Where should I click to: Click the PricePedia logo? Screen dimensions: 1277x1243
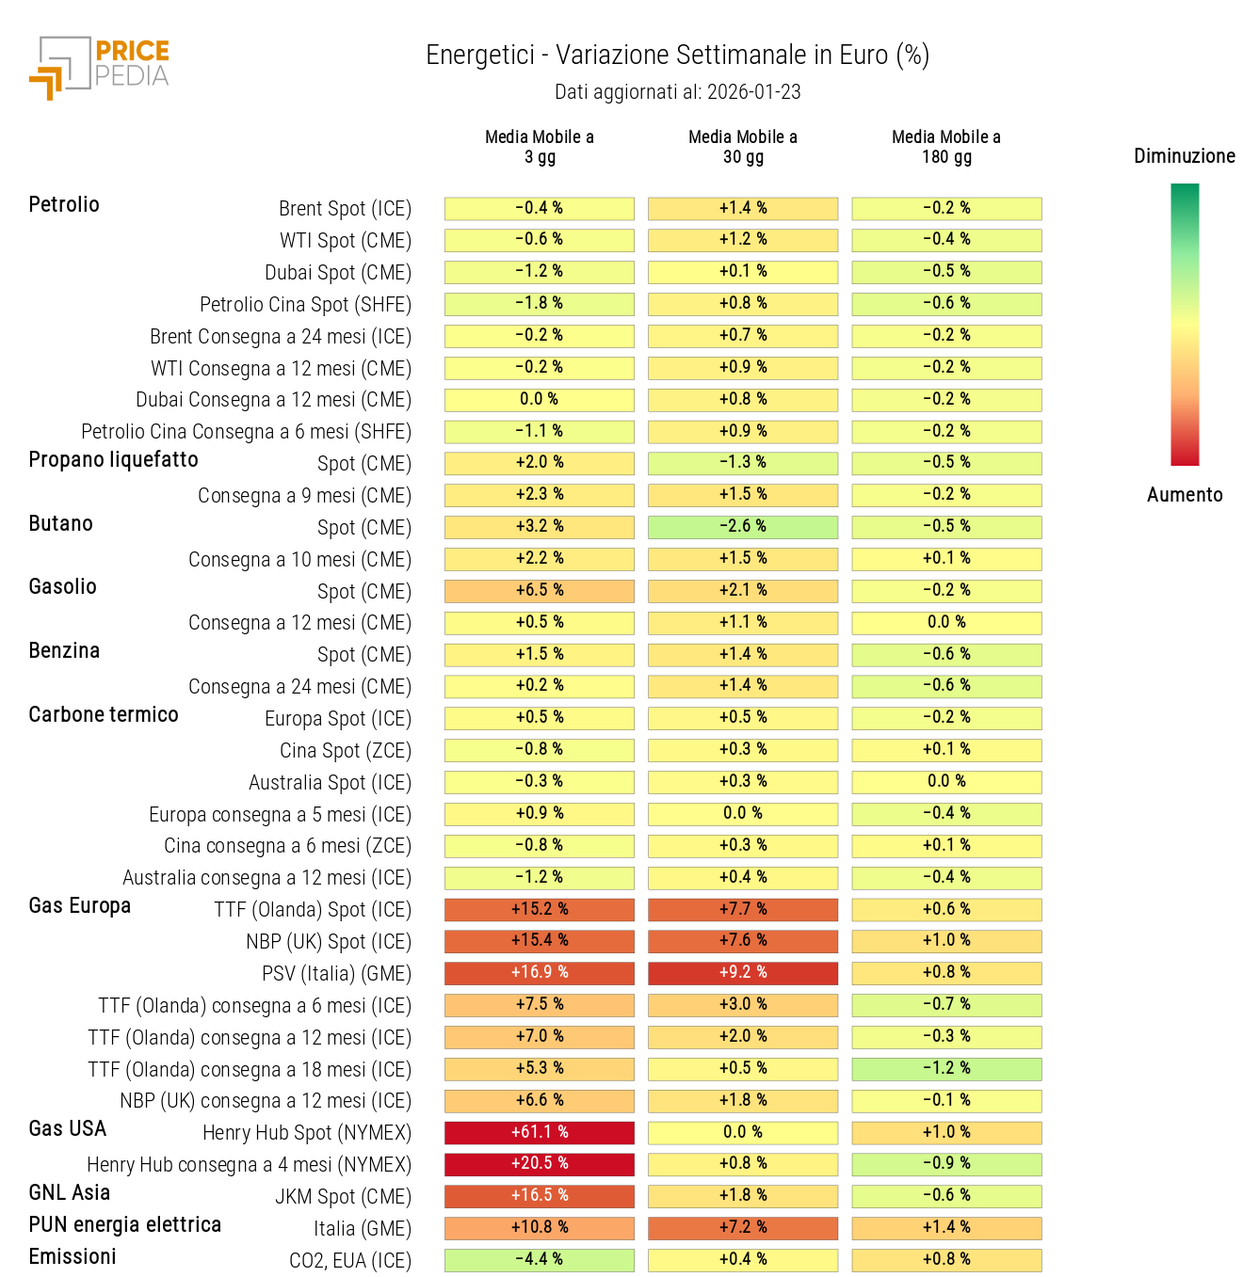[x=100, y=67]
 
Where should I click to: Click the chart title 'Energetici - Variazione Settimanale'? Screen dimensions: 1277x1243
[x=677, y=56]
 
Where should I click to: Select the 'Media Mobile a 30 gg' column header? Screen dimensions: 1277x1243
[x=742, y=147]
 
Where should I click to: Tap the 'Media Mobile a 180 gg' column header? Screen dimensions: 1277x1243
[x=945, y=147]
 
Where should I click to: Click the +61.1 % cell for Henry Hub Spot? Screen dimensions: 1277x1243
[x=539, y=1132]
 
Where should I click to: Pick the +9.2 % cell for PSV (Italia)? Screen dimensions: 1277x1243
[x=742, y=973]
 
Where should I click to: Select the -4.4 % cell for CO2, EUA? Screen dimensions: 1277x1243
[x=539, y=1259]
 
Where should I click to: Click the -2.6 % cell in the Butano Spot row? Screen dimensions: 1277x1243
[x=742, y=527]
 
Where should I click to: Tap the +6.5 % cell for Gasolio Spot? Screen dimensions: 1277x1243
[x=539, y=591]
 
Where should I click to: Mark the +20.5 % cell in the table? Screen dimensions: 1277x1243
[x=539, y=1164]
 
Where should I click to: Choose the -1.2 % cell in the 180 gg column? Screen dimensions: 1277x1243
[x=945, y=1069]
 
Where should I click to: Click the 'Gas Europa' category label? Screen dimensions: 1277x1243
[x=80, y=906]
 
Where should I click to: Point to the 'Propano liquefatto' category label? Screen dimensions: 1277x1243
[x=114, y=460]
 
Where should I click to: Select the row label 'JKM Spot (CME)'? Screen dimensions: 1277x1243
[x=343, y=1197]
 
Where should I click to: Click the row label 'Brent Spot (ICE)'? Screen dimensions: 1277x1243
[x=345, y=209]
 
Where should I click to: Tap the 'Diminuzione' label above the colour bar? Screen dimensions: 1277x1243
[x=1184, y=156]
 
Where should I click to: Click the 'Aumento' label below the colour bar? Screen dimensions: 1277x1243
[x=1184, y=495]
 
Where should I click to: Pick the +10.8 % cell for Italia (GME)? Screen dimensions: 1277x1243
[x=539, y=1228]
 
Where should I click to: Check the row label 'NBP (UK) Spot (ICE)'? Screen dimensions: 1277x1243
[x=329, y=942]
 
